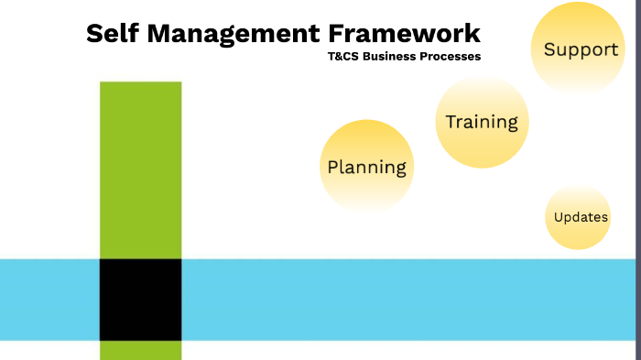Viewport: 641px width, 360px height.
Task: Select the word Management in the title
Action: click(233, 34)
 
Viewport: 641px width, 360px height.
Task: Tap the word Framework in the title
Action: click(404, 34)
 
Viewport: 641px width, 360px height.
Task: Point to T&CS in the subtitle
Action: click(344, 57)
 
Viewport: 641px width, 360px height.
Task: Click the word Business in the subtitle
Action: click(393, 57)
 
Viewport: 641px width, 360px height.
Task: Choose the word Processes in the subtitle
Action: click(452, 57)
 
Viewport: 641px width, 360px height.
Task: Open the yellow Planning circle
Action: click(366, 166)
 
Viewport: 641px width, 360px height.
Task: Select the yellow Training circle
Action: click(482, 122)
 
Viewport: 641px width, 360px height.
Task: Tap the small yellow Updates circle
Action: click(581, 217)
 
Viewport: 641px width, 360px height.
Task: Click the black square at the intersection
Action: click(140, 300)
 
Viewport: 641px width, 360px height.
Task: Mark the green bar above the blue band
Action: click(140, 169)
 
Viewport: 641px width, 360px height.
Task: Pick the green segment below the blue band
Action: click(140, 350)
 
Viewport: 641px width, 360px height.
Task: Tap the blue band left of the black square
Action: click(49, 300)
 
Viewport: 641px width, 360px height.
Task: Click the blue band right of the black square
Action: click(412, 300)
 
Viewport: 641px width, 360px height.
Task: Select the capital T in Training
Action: click(451, 121)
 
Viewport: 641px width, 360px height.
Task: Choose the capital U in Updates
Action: click(559, 217)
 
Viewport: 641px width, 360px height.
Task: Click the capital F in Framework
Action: click(338, 34)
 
